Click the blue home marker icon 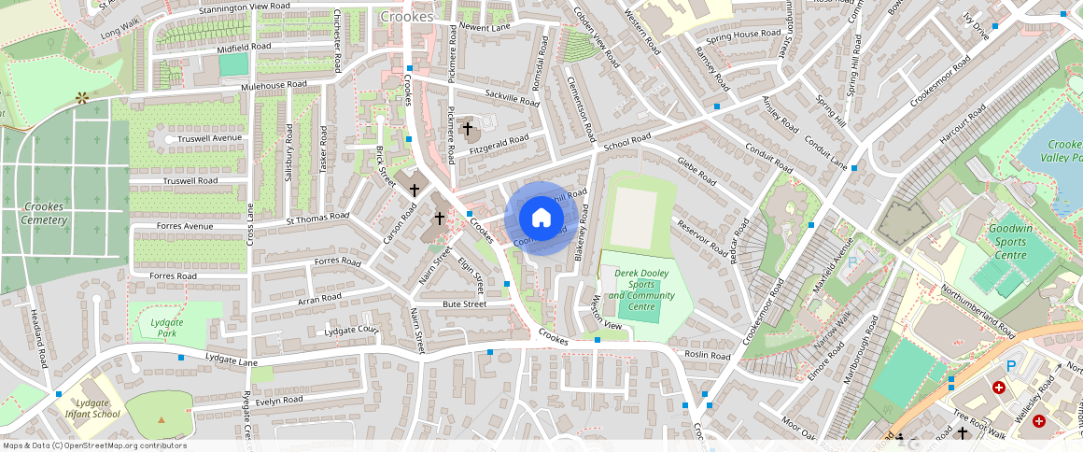coord(541,218)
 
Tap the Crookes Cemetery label coord(45,213)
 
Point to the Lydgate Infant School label coord(92,408)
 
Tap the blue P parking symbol coord(1010,366)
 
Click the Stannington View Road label coord(244,7)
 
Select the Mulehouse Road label coord(274,85)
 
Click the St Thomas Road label coord(317,219)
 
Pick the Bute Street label coord(464,304)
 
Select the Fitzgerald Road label coord(499,143)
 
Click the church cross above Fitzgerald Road coord(467,128)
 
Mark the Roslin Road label coord(707,356)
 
